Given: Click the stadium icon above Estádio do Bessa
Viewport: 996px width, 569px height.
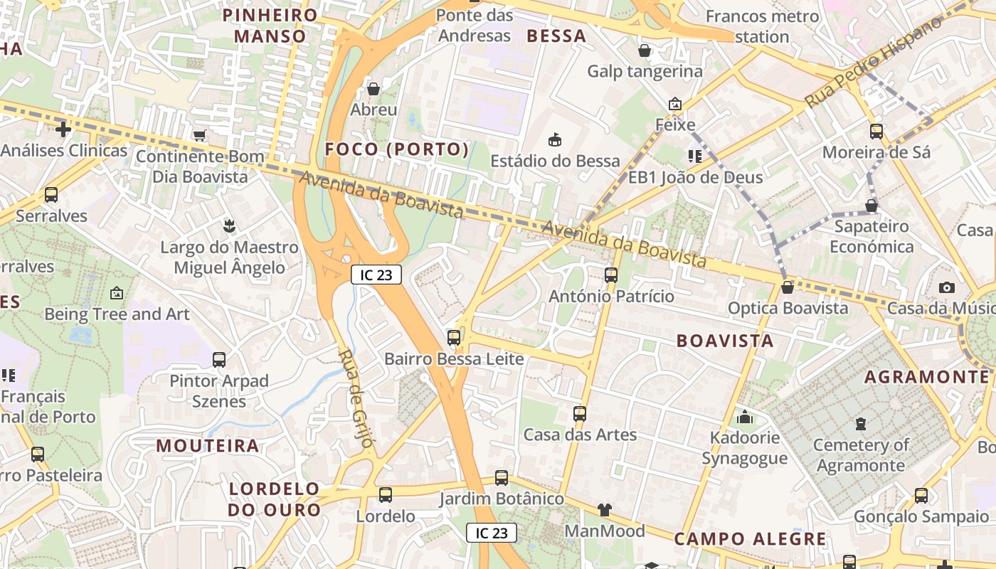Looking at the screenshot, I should [x=555, y=139].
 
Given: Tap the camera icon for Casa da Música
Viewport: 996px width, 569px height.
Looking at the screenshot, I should [x=946, y=287].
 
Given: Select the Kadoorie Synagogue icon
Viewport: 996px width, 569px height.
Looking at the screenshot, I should [x=745, y=417].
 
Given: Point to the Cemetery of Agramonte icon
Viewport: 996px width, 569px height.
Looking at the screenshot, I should [x=861, y=424].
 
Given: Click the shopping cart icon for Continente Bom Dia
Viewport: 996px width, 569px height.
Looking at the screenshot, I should [x=199, y=135].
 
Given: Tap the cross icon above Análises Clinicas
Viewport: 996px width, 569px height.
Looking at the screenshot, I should [x=63, y=129].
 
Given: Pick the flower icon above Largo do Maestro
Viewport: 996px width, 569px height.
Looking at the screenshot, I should [x=229, y=226].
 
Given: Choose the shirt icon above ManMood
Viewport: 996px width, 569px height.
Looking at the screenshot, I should [x=604, y=509].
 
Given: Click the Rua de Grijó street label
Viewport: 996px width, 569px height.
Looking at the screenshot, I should [x=356, y=398].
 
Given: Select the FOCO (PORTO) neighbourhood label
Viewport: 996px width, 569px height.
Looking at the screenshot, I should [x=397, y=149].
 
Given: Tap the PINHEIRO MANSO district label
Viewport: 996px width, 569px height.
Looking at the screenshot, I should [x=270, y=26].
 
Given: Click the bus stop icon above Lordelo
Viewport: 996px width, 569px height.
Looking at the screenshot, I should [x=386, y=494].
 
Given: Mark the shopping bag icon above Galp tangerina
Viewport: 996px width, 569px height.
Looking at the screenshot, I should [x=645, y=50].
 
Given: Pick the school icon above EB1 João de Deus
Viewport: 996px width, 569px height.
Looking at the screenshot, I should [x=695, y=156].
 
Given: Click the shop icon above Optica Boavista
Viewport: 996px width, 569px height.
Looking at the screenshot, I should [x=787, y=287].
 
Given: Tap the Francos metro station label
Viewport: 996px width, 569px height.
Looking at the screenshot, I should [x=762, y=26].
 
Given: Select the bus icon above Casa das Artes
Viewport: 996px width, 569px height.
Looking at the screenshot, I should [x=580, y=413].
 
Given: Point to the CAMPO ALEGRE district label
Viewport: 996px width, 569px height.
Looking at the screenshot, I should [x=750, y=539].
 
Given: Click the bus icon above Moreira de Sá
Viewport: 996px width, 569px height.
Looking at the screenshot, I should [x=876, y=132].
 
